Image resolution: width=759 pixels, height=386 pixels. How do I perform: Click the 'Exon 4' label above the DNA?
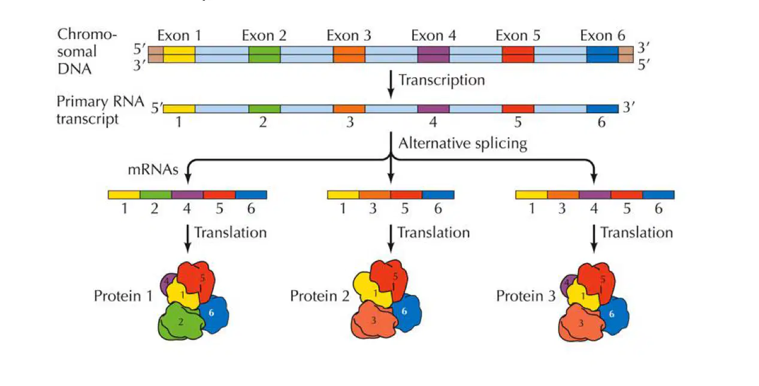pyautogui.click(x=433, y=35)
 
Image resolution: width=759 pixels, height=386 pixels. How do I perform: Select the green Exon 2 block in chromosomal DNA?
pyautogui.click(x=264, y=55)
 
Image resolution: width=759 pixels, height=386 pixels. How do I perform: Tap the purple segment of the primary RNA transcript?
pyautogui.click(x=433, y=108)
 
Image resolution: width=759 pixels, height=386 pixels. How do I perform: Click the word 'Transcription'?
pyautogui.click(x=442, y=80)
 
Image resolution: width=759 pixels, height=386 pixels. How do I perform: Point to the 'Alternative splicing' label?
pyautogui.click(x=462, y=143)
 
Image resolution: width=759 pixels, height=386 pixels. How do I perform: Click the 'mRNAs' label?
pyautogui.click(x=153, y=170)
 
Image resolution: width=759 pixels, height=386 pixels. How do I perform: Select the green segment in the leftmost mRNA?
pyautogui.click(x=156, y=195)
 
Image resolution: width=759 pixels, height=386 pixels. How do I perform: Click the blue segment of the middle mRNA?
pyautogui.click(x=438, y=195)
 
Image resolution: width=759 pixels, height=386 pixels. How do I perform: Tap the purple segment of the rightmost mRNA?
pyautogui.click(x=595, y=195)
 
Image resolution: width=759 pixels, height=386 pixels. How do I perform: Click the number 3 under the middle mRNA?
pyautogui.click(x=373, y=209)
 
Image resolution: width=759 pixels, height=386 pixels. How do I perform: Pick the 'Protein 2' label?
pyautogui.click(x=319, y=296)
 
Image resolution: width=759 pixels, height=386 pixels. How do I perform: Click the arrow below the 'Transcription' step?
pyautogui.click(x=391, y=84)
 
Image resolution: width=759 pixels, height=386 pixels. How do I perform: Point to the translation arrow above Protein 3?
pyautogui.click(x=594, y=239)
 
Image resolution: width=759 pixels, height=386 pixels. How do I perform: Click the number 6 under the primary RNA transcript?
pyautogui.click(x=601, y=122)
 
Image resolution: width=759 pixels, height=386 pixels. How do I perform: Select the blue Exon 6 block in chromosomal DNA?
pyautogui.click(x=603, y=55)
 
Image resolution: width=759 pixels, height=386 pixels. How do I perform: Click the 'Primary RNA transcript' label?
pyautogui.click(x=100, y=110)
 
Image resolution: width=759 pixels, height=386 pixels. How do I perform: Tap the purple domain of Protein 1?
pyautogui.click(x=166, y=284)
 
